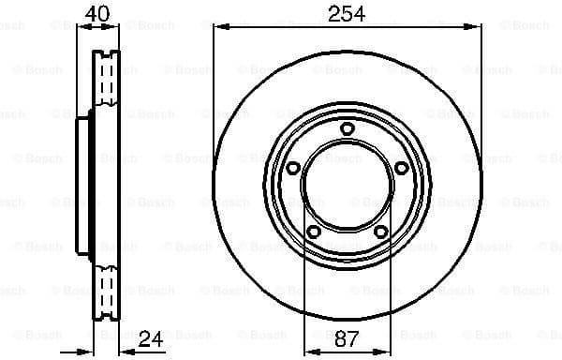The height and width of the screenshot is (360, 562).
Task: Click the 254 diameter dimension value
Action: (x=346, y=13)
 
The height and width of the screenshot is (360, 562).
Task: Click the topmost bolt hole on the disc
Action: (x=347, y=128)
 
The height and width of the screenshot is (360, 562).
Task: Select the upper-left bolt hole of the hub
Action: (x=292, y=169)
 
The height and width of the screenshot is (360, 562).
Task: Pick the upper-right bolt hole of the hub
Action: (x=401, y=168)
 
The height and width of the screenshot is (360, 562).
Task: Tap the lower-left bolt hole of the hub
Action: (x=313, y=232)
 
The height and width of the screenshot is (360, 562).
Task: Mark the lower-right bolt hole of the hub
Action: (x=380, y=232)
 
